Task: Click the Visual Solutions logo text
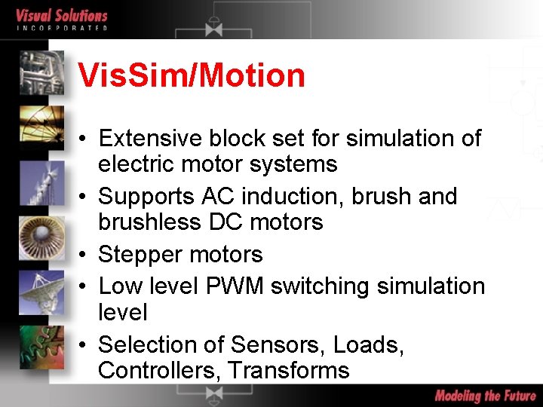coord(62,16)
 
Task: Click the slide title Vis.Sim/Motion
coord(192,76)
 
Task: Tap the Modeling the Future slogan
coord(485,396)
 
